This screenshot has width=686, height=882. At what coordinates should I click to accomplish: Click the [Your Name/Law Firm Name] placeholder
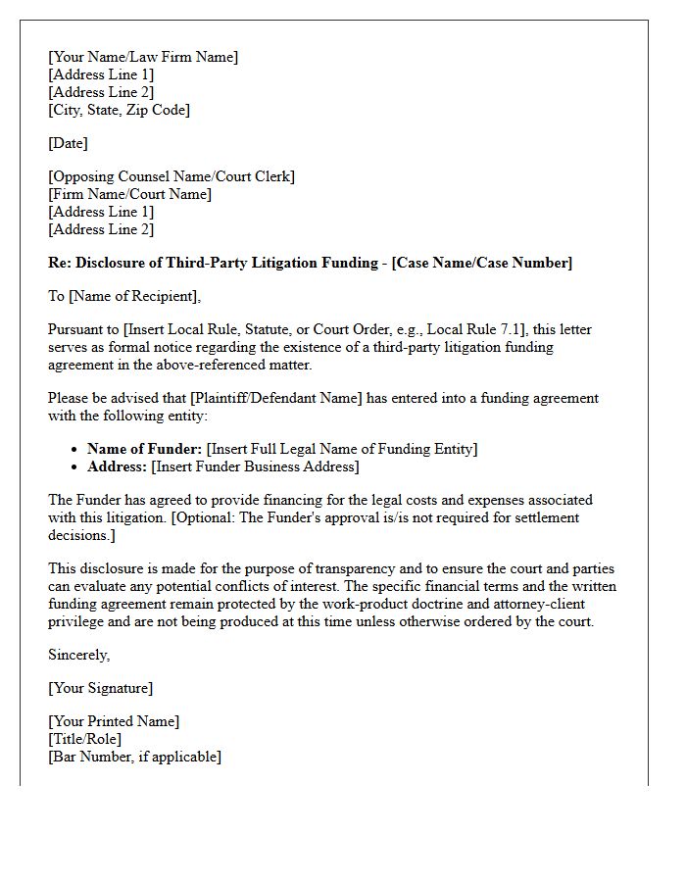coord(143,57)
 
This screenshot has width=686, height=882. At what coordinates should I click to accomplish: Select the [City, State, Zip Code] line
coord(119,110)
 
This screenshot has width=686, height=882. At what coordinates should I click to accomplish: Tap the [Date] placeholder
coord(68,143)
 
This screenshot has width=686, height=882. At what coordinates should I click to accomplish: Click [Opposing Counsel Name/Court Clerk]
coord(171,176)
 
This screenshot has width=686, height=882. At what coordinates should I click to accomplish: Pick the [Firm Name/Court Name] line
coord(129,194)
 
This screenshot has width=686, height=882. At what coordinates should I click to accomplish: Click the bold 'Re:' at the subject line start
coord(60,263)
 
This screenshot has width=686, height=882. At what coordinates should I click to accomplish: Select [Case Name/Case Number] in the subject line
coord(481,263)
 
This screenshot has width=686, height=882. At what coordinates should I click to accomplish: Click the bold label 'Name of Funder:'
coord(145,449)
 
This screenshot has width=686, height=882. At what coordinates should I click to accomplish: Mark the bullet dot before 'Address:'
coord(75,467)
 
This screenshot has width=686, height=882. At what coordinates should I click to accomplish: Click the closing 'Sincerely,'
coord(79,655)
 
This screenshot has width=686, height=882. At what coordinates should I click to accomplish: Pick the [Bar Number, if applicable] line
coord(134,757)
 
